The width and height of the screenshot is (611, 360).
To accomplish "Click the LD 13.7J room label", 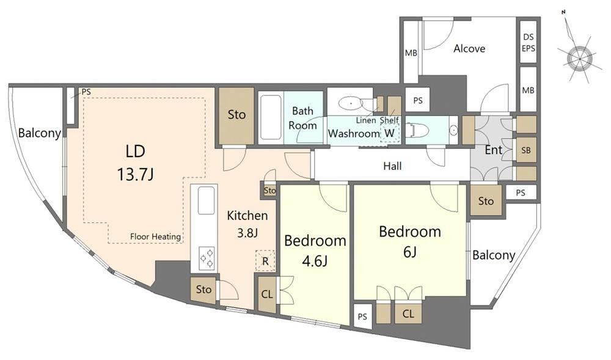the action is (135, 163).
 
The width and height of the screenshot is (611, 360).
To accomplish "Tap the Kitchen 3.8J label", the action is (247, 224).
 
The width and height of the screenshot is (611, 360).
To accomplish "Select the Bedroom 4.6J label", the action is (315, 250).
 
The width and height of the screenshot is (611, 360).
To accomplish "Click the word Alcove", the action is (469, 49).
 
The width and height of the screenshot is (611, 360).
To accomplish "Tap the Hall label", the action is (392, 166).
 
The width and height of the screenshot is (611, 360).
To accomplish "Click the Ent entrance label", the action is (493, 150).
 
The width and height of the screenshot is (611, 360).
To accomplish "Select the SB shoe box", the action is (526, 150).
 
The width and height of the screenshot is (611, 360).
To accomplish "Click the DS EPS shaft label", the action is (529, 43).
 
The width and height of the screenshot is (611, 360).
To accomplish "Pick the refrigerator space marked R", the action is (265, 260).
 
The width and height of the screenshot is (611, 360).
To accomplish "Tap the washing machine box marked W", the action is (389, 133).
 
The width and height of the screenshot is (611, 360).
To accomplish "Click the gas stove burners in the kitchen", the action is (207, 257).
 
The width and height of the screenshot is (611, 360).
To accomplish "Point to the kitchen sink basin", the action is (207, 200).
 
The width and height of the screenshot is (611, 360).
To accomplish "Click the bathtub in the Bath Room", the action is (271, 117).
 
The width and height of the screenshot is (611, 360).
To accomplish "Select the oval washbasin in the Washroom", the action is (349, 104).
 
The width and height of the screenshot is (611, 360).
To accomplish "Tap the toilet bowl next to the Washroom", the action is (417, 130).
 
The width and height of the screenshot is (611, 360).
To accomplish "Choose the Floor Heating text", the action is (155, 237).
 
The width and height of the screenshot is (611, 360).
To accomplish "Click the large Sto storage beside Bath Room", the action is (236, 116).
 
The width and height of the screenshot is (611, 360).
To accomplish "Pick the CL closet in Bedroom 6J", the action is (408, 314).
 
